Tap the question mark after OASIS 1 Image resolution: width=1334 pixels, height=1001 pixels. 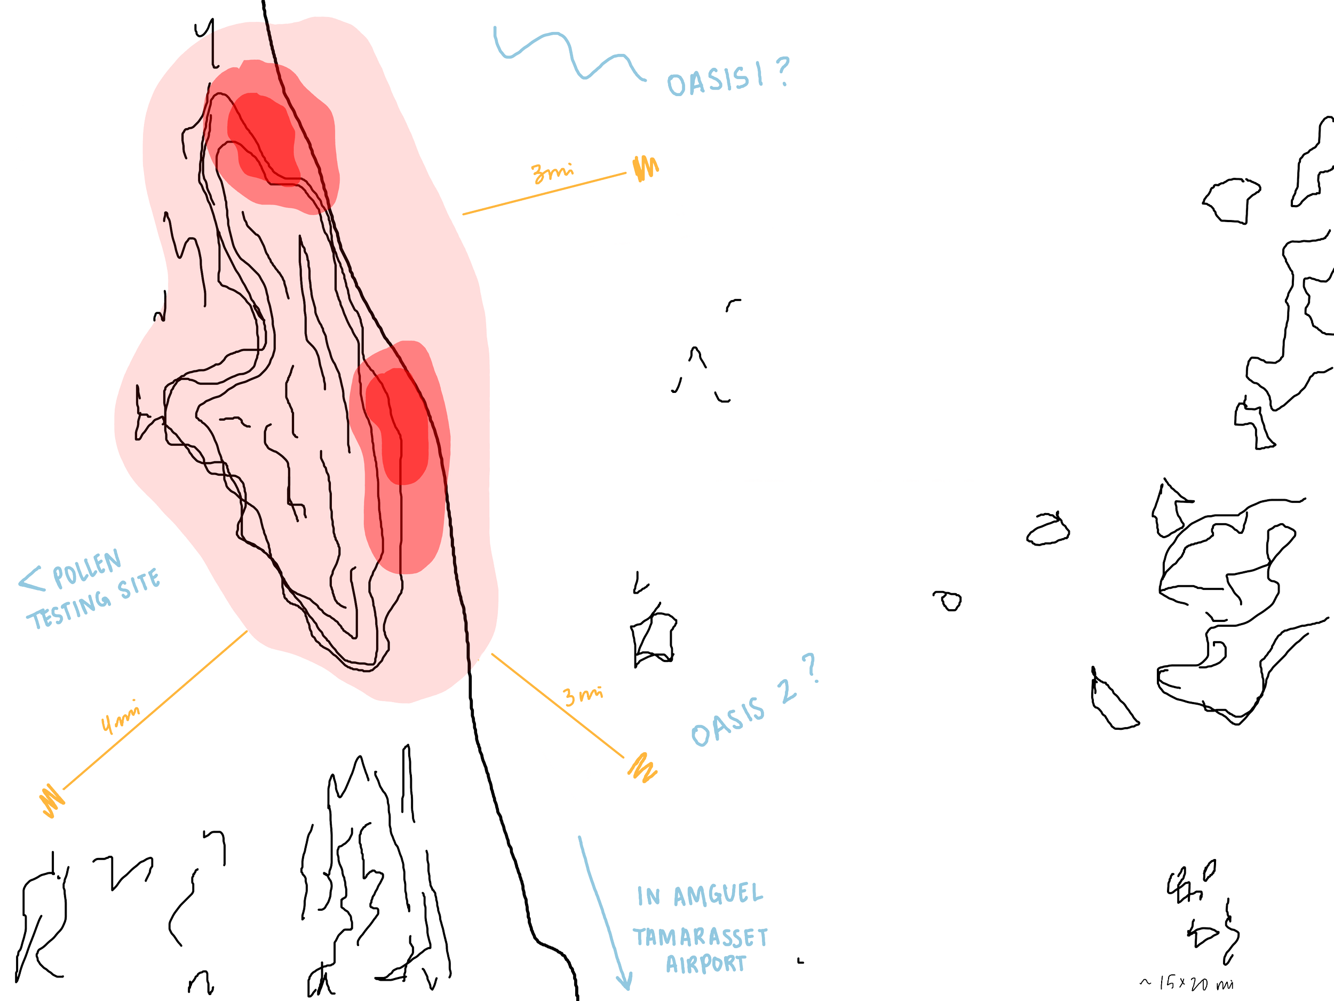(782, 71)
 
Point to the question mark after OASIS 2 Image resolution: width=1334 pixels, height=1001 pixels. (812, 668)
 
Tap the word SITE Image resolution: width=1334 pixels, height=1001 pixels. (140, 584)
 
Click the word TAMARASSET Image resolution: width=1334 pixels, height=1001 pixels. (700, 937)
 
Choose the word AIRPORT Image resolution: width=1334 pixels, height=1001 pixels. (705, 964)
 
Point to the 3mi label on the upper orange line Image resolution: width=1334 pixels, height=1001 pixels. (552, 173)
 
